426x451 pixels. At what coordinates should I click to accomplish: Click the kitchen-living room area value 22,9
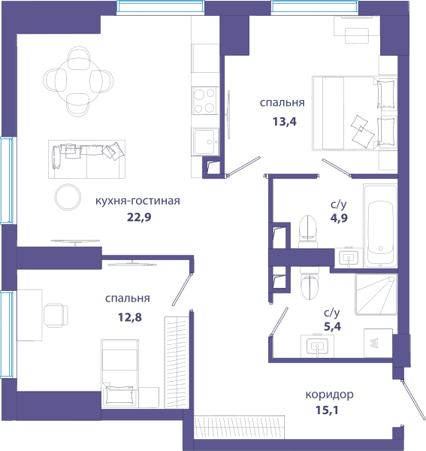click(139, 217)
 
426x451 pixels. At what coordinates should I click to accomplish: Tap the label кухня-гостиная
click(137, 201)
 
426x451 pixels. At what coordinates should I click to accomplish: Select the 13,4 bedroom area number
click(284, 122)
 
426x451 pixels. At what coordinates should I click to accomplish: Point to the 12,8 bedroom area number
click(130, 317)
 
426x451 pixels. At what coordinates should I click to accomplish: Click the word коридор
click(329, 395)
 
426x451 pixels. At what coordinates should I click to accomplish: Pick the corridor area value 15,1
click(327, 410)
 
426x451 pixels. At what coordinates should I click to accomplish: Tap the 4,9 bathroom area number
click(339, 218)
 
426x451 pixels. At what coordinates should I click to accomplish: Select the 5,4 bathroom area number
click(332, 326)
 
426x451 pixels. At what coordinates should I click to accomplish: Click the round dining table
click(78, 81)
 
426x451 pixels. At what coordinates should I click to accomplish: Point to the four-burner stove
click(204, 101)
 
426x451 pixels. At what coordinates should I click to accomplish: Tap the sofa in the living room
click(86, 159)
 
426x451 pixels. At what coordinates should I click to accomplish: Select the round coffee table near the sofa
click(68, 197)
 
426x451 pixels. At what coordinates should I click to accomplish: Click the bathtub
click(380, 225)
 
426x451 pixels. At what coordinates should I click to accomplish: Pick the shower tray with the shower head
click(376, 294)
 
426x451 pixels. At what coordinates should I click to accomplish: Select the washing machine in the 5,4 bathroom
click(378, 344)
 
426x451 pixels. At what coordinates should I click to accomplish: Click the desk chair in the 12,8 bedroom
click(56, 315)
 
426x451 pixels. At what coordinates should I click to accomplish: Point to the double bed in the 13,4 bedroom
click(355, 113)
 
